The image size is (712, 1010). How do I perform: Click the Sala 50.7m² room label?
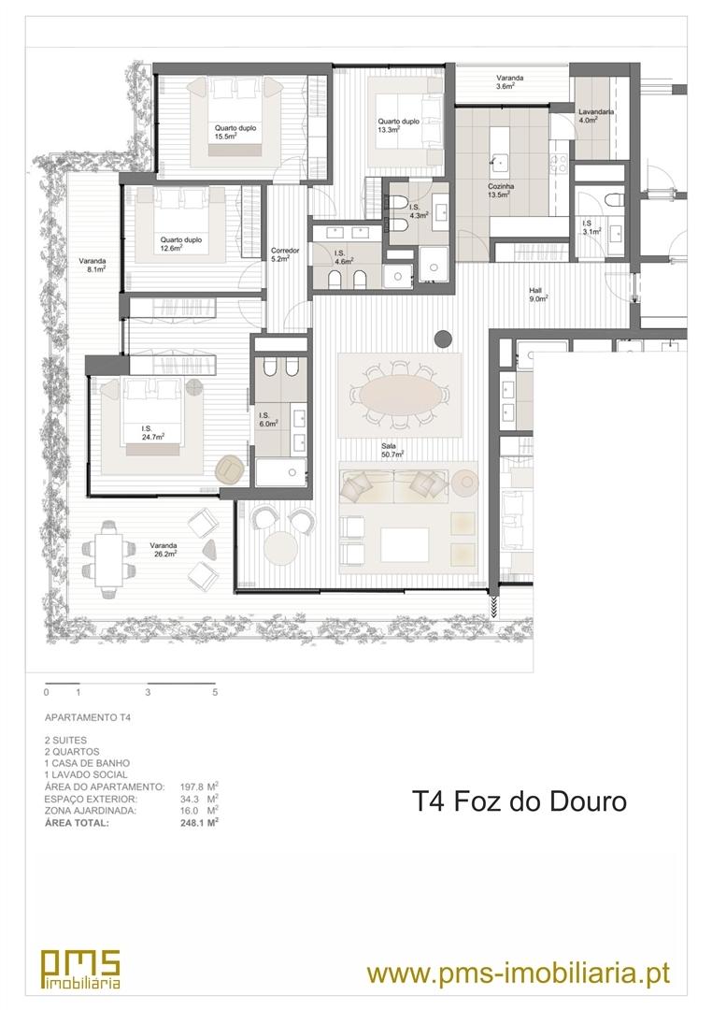(x=392, y=450)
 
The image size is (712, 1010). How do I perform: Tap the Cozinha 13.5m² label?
(x=500, y=190)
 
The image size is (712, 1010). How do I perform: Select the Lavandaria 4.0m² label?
(x=595, y=115)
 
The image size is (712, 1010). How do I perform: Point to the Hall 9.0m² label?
(x=538, y=295)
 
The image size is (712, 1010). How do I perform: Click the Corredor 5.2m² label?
(x=285, y=254)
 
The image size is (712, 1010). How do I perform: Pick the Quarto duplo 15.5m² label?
(x=235, y=132)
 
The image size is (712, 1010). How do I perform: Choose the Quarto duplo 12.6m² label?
(x=181, y=243)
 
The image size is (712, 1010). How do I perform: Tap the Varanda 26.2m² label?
(x=164, y=549)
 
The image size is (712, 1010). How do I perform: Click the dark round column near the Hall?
(x=443, y=338)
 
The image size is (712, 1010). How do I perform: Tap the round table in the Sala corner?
(x=281, y=547)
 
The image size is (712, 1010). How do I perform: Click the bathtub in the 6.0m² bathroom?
(x=280, y=473)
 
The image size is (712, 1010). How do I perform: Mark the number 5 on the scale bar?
(x=215, y=692)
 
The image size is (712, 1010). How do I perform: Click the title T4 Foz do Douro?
(x=519, y=802)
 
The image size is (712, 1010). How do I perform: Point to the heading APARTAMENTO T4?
(x=88, y=717)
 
